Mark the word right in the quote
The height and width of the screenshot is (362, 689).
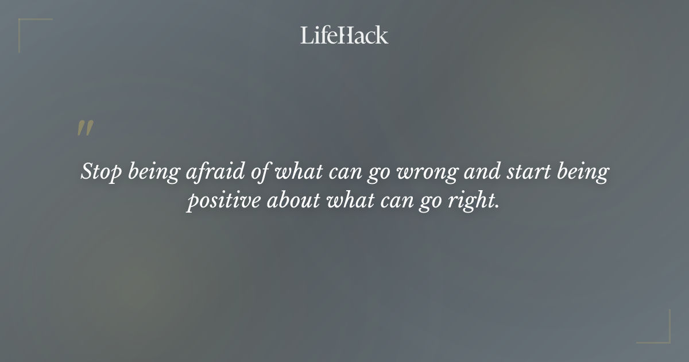point(473,202)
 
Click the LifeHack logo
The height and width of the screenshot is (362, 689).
point(344,35)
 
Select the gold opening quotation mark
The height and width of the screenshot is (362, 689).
point(85,129)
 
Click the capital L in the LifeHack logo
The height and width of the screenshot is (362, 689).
point(306,35)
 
